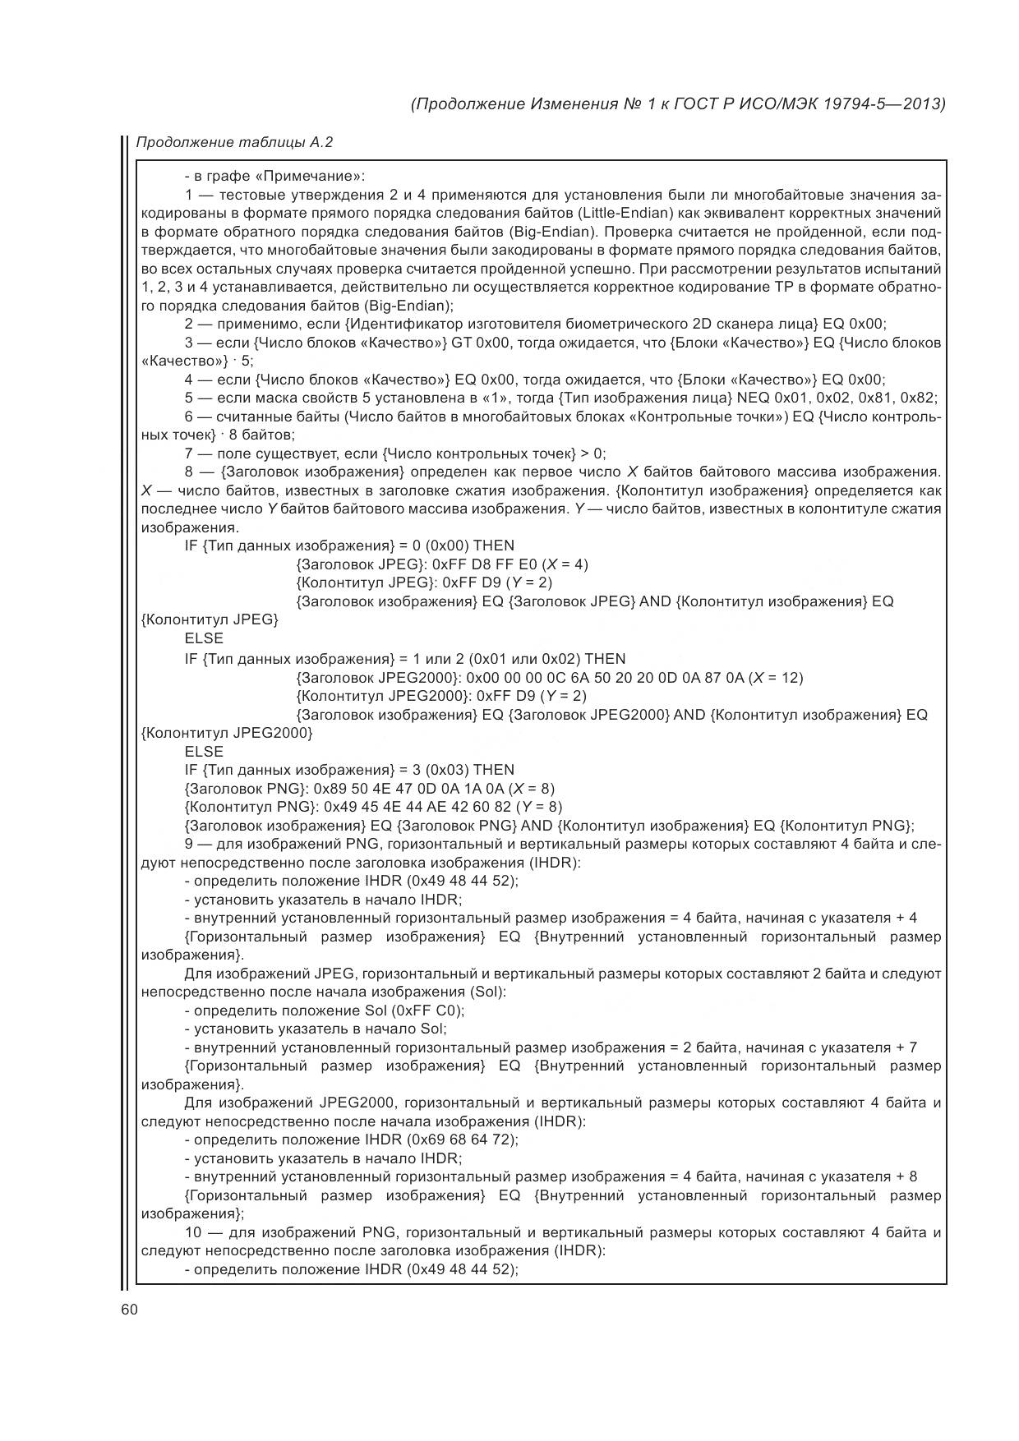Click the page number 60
click(x=129, y=1310)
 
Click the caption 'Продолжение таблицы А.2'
click(x=234, y=142)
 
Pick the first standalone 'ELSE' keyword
click(x=204, y=638)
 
